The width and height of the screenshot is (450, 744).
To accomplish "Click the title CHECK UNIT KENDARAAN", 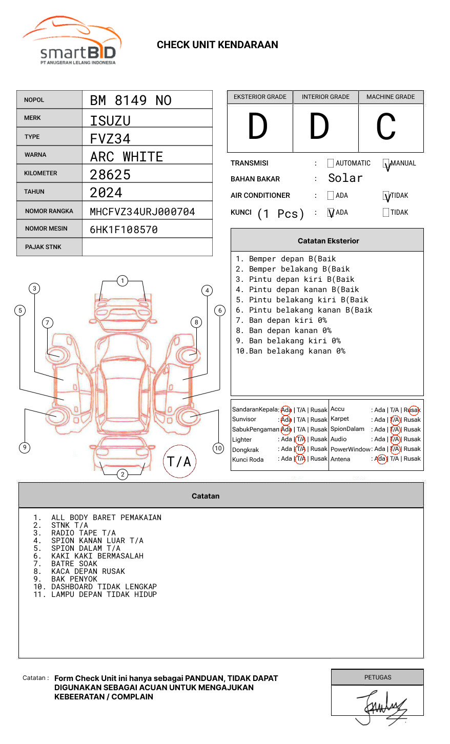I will click(217, 45).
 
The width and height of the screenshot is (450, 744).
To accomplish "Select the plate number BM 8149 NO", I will click(131, 100).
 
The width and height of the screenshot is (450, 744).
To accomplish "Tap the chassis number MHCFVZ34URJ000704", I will click(142, 212).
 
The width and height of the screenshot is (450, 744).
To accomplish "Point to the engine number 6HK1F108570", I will click(124, 230).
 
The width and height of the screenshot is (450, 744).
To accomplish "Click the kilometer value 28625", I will click(110, 175).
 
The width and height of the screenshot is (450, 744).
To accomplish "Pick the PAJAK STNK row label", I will click(43, 247).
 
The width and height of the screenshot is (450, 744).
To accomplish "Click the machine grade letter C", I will click(386, 127).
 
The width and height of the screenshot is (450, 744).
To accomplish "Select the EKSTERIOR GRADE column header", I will click(260, 97).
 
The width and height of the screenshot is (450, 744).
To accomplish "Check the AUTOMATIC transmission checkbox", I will click(331, 163).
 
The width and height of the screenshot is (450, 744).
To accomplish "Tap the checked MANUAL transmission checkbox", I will click(386, 164).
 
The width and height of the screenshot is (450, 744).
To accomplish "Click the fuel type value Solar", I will click(345, 178).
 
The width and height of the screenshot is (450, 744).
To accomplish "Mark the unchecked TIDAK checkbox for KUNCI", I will click(386, 213).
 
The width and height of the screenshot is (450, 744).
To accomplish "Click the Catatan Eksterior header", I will click(328, 241).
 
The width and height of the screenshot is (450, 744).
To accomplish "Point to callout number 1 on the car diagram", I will click(122, 280).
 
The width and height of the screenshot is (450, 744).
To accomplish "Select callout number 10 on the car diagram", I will click(218, 448).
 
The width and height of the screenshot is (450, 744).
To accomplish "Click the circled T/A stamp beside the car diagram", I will click(179, 462).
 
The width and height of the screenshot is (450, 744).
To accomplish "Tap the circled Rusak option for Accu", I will click(413, 410).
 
